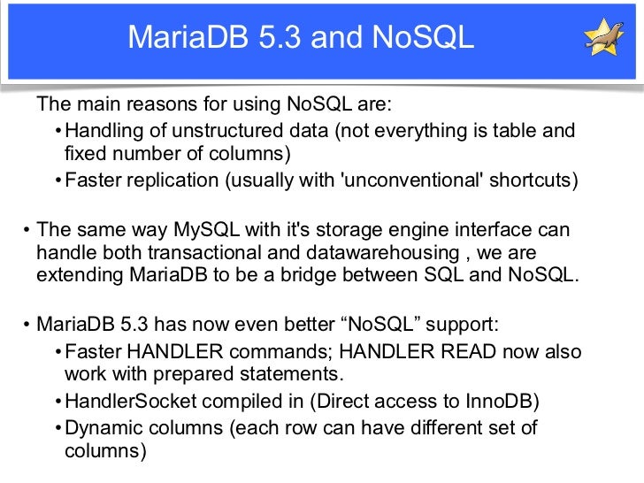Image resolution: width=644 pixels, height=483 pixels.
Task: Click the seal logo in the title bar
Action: [x=603, y=37]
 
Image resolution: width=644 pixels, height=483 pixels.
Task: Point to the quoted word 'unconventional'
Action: [x=413, y=180]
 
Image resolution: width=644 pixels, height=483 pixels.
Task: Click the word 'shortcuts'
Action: [x=529, y=180]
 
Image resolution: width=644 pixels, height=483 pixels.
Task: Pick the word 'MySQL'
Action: [x=206, y=230]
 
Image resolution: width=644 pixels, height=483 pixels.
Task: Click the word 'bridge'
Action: [x=308, y=275]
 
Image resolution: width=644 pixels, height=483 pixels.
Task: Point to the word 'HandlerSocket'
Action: [x=131, y=401]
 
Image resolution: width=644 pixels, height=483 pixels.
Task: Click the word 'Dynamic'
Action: [x=103, y=428]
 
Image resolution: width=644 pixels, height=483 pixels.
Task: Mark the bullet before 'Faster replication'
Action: [x=58, y=180]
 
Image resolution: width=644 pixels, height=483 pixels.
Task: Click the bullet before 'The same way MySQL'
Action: [x=27, y=230]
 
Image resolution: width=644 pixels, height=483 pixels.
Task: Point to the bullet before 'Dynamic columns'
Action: [x=58, y=428]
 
